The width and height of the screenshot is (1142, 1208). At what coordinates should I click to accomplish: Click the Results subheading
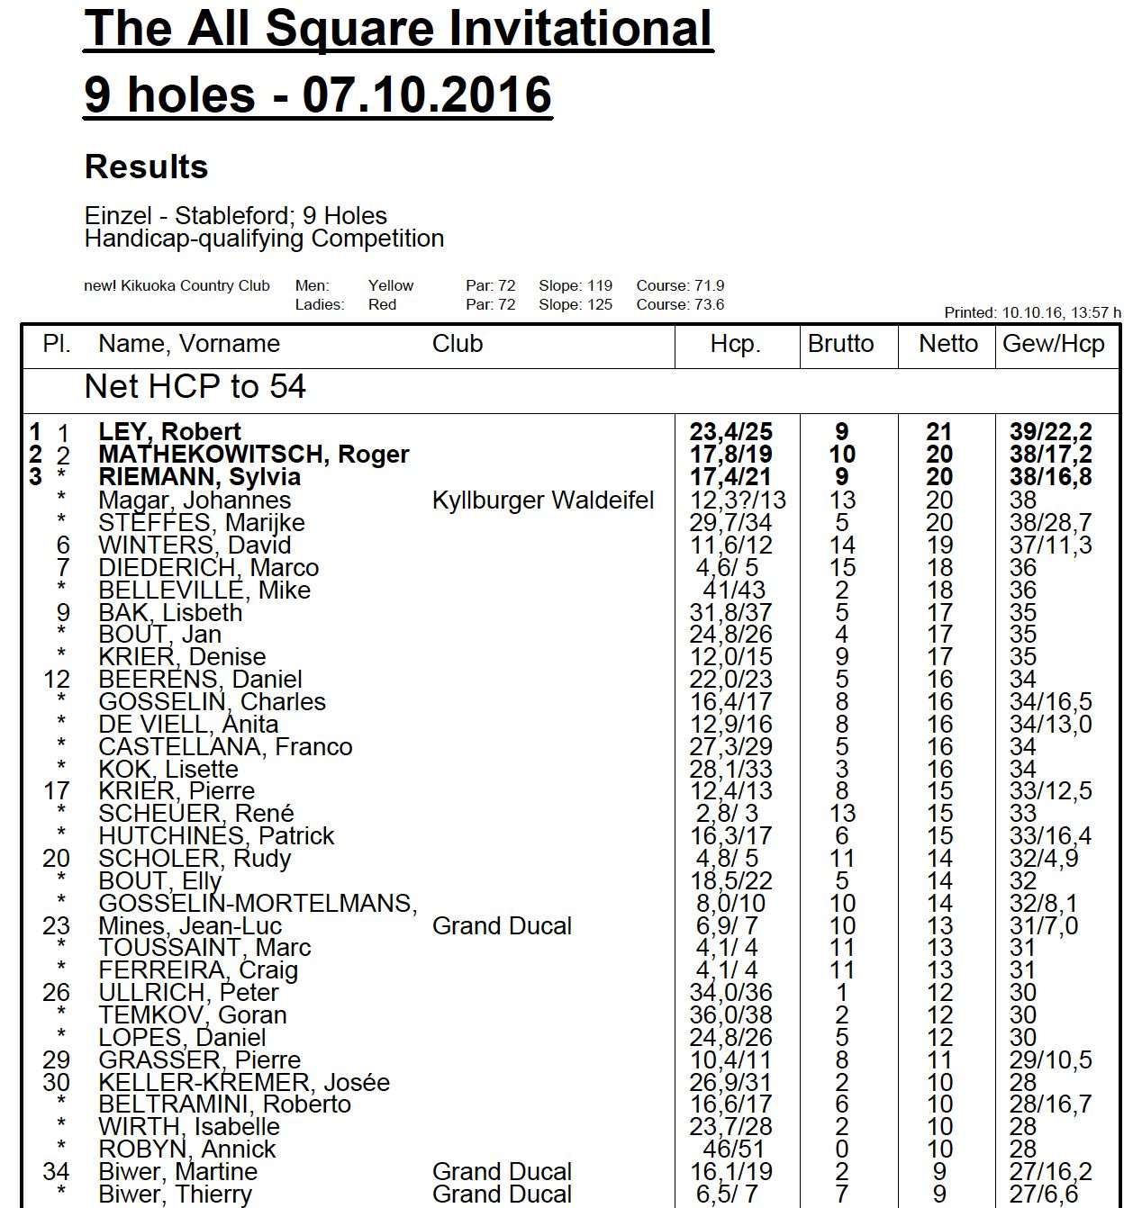(146, 167)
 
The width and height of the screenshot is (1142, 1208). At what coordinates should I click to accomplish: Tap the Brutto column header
(840, 344)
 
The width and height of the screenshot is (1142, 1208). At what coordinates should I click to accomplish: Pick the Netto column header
(947, 344)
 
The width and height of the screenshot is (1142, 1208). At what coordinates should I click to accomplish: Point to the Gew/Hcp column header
(1053, 344)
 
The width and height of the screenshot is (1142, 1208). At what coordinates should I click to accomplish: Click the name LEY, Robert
(170, 432)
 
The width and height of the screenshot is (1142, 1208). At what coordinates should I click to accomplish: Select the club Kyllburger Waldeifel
(543, 500)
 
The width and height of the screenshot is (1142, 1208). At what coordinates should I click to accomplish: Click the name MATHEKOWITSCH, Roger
(254, 455)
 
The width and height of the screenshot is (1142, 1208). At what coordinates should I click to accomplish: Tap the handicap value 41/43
(732, 590)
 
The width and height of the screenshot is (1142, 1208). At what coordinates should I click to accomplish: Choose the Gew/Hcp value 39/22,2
(1050, 432)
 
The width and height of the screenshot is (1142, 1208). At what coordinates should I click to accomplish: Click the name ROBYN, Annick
(187, 1149)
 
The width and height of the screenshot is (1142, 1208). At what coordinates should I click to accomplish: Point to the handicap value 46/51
(732, 1149)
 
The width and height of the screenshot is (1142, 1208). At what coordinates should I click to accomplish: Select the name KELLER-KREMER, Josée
(244, 1083)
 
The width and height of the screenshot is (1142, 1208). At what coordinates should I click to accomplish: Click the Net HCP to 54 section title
(195, 387)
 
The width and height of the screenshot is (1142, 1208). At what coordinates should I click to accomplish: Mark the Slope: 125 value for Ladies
(576, 305)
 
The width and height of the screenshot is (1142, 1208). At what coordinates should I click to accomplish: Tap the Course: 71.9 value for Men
(680, 286)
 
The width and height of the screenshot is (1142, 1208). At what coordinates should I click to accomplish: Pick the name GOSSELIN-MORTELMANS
(258, 904)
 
